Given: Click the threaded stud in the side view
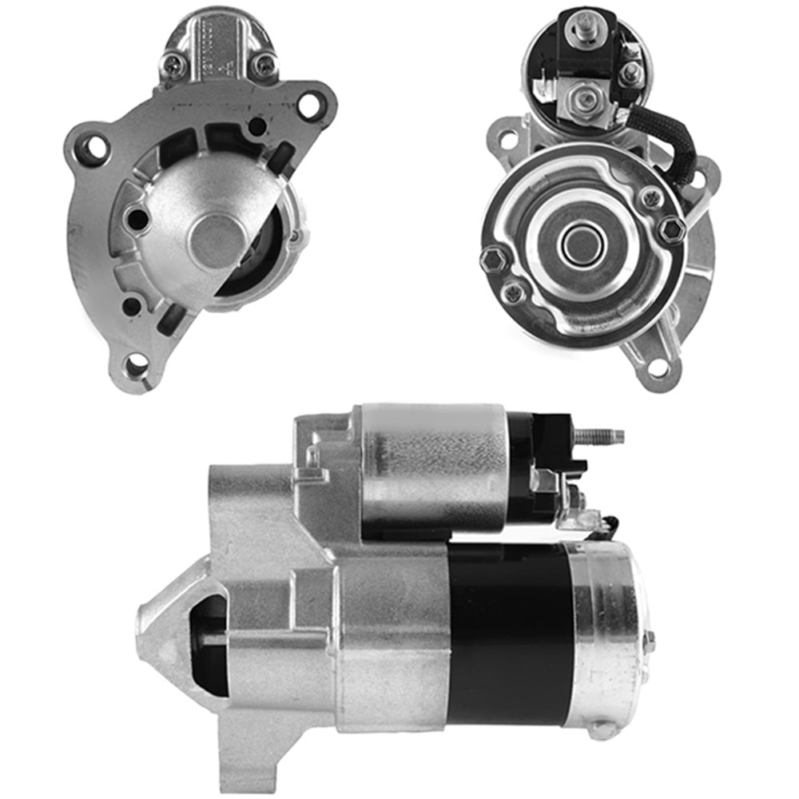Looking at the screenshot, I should (x=599, y=436).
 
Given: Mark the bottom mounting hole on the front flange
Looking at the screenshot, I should (x=137, y=364).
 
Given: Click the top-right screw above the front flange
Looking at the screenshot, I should (x=264, y=64).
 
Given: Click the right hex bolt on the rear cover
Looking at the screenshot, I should (x=671, y=229).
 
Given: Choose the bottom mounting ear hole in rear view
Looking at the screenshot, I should (x=658, y=368).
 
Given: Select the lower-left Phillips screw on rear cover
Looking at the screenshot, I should (x=514, y=292).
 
